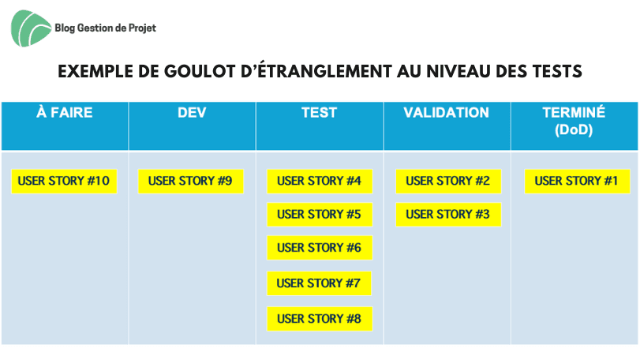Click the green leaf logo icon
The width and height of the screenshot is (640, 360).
31,28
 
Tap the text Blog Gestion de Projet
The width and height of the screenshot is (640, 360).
105,28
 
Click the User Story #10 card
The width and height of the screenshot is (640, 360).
64,182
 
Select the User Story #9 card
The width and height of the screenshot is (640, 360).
191,182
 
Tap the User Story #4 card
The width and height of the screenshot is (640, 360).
320,182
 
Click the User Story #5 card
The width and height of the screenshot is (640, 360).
320,215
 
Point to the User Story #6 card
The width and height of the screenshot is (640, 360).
320,248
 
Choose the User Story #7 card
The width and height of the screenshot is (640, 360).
319,283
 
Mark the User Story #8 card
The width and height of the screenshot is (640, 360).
320,319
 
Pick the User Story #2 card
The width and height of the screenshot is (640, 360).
448,182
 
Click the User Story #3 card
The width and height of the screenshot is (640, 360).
448,215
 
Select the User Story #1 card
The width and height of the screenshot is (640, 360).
577,182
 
